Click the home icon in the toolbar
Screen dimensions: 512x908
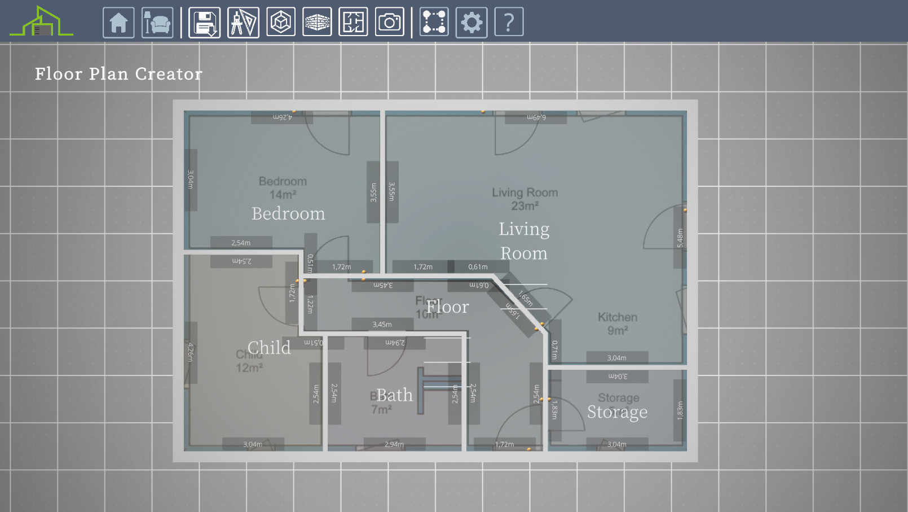pos(118,23)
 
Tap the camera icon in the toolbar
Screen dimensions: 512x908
pos(389,23)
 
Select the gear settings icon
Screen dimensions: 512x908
pos(471,23)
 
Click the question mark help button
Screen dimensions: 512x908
pos(509,23)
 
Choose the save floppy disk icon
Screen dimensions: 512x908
pos(204,23)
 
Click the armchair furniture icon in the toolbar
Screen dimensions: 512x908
pos(157,23)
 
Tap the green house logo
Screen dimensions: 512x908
pos(41,23)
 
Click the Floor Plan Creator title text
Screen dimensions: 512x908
pos(118,74)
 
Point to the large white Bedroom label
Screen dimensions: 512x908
pos(288,214)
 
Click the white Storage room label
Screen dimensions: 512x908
pos(617,412)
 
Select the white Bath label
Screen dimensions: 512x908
pos(394,395)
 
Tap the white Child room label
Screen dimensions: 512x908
pos(269,348)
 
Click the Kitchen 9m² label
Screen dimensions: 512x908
pos(618,323)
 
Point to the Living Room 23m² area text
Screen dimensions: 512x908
pos(524,199)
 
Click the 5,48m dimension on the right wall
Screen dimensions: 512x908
pos(680,238)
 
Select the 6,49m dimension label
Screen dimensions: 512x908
pos(536,117)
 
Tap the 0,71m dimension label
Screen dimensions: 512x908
pos(555,349)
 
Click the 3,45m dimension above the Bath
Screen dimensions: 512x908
pos(382,325)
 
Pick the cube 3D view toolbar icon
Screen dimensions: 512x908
pos(281,23)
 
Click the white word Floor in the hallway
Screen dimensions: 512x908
pos(447,307)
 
